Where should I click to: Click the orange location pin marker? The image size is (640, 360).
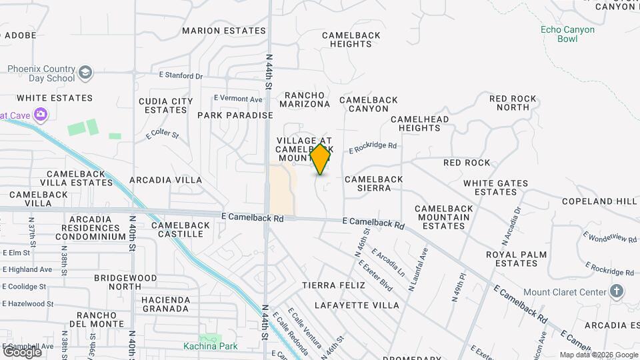[321, 159]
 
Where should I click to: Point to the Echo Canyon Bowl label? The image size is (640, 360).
[567, 34]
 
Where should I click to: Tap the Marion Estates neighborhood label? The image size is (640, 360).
[223, 31]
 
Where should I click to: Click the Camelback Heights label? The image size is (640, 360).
[351, 39]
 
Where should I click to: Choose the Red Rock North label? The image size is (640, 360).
[513, 103]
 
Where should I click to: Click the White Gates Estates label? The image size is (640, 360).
[495, 187]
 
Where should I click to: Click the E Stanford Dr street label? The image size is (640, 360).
[181, 76]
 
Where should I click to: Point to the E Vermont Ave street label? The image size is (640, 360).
[238, 99]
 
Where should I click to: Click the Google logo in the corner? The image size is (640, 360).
[22, 351]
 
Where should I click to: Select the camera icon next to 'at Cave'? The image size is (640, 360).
[41, 115]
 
